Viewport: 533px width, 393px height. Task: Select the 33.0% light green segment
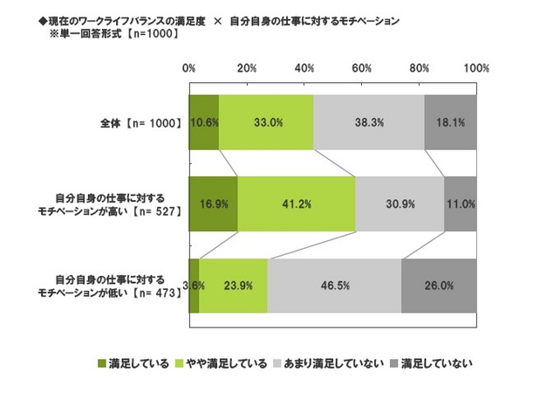(266, 123)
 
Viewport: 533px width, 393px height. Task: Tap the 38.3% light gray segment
(369, 123)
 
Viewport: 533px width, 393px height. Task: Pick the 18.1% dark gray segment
(451, 123)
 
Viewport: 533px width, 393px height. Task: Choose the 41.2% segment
(297, 204)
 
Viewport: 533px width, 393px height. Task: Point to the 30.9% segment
(400, 204)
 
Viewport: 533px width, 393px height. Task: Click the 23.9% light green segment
(234, 286)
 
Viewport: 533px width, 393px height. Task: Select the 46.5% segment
(335, 286)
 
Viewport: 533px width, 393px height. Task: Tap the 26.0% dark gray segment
(440, 286)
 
